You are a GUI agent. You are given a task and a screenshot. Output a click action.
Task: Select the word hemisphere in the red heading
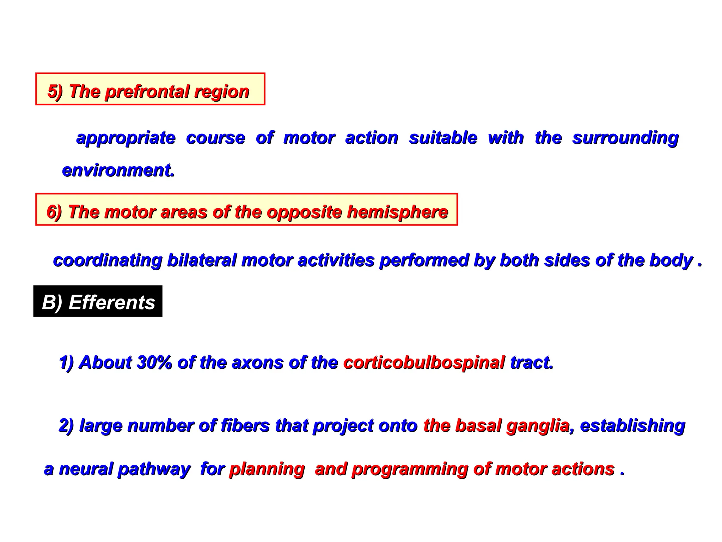397,212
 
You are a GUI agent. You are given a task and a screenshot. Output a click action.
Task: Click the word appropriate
126,138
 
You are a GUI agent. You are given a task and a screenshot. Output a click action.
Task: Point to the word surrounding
625,138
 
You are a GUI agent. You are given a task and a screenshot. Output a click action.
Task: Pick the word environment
118,170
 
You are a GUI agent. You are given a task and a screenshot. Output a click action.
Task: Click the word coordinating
108,260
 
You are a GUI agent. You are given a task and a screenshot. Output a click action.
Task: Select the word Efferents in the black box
112,302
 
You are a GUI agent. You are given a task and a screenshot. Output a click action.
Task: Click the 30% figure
154,362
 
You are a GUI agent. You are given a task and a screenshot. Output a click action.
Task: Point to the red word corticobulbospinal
424,362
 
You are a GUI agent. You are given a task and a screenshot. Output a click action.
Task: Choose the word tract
532,362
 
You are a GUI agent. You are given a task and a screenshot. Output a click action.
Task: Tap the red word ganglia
538,426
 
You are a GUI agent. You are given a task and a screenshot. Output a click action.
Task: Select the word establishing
632,426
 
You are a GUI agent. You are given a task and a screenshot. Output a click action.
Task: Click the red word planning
267,469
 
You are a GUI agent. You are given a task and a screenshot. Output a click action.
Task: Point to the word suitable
443,138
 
